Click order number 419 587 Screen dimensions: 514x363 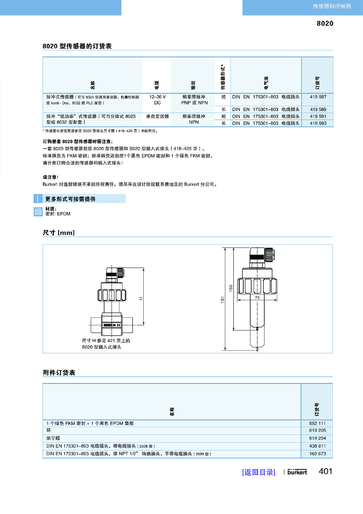pos(318,97)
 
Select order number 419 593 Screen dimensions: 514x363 pos(318,123)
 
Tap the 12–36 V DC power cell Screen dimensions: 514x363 pos(157,100)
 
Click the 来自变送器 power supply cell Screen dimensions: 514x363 pos(157,116)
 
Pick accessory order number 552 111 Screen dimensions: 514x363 pos(317,423)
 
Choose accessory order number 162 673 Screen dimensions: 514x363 pos(317,454)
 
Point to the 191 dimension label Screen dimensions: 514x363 pos(223,299)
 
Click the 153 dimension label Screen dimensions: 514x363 pos(231,288)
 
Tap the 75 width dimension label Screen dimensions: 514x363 pos(257,297)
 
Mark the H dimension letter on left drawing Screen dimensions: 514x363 pos(141,299)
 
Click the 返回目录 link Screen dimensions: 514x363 pos(259,472)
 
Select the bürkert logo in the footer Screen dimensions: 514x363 pos(297,472)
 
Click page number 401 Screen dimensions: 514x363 pos(325,471)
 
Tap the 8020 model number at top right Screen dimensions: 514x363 pos(325,23)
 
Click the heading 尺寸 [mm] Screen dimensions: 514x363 pos(59,233)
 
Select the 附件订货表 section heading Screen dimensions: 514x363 pos(59,373)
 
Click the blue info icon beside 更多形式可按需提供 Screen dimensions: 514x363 pos(38,199)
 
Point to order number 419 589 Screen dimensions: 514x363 pos(318,109)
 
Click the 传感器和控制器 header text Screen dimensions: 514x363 pos(332,6)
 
